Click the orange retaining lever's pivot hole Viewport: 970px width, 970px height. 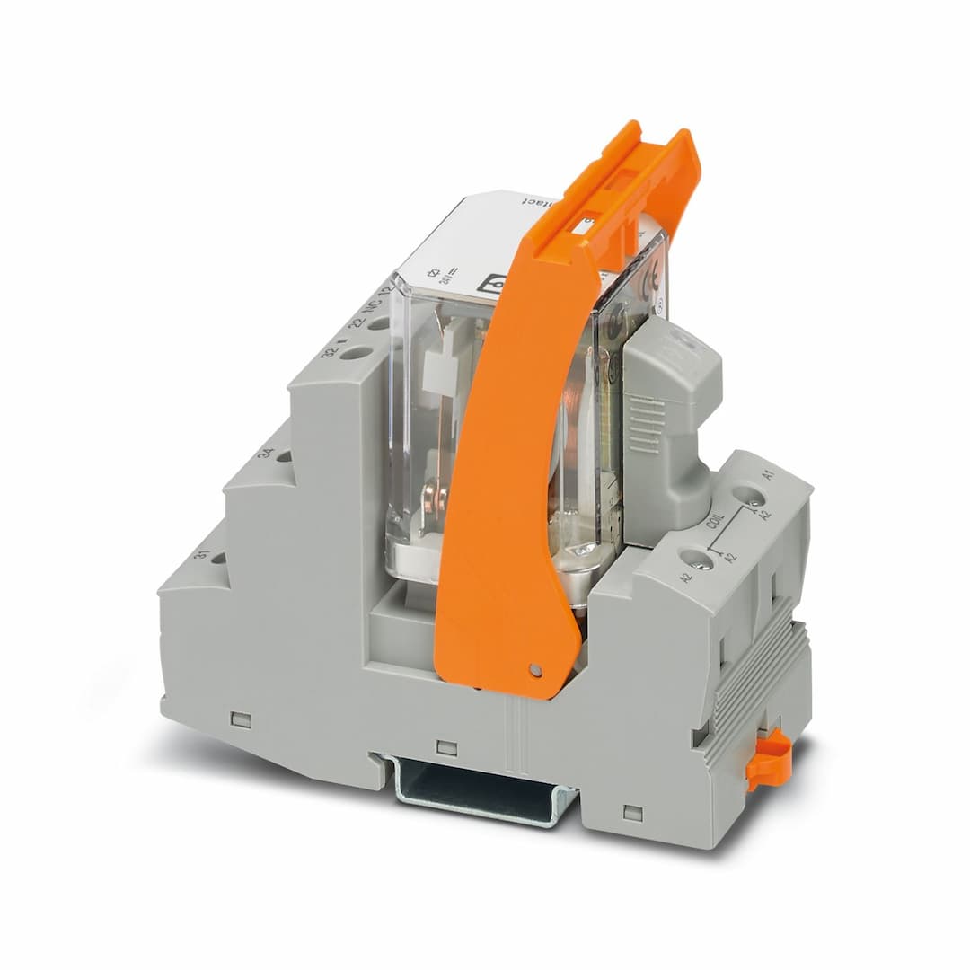click(536, 670)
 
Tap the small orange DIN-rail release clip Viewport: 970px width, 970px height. click(768, 760)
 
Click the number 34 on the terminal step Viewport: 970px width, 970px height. click(266, 452)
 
